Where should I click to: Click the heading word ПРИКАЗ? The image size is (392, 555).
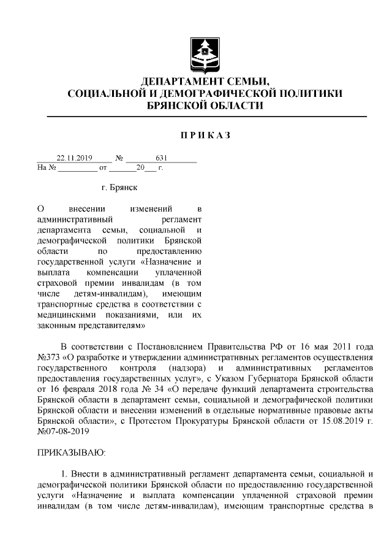[x=205, y=135]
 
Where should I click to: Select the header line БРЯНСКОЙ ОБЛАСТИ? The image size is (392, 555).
[x=205, y=105]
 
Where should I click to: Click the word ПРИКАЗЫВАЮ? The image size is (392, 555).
[x=72, y=453]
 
